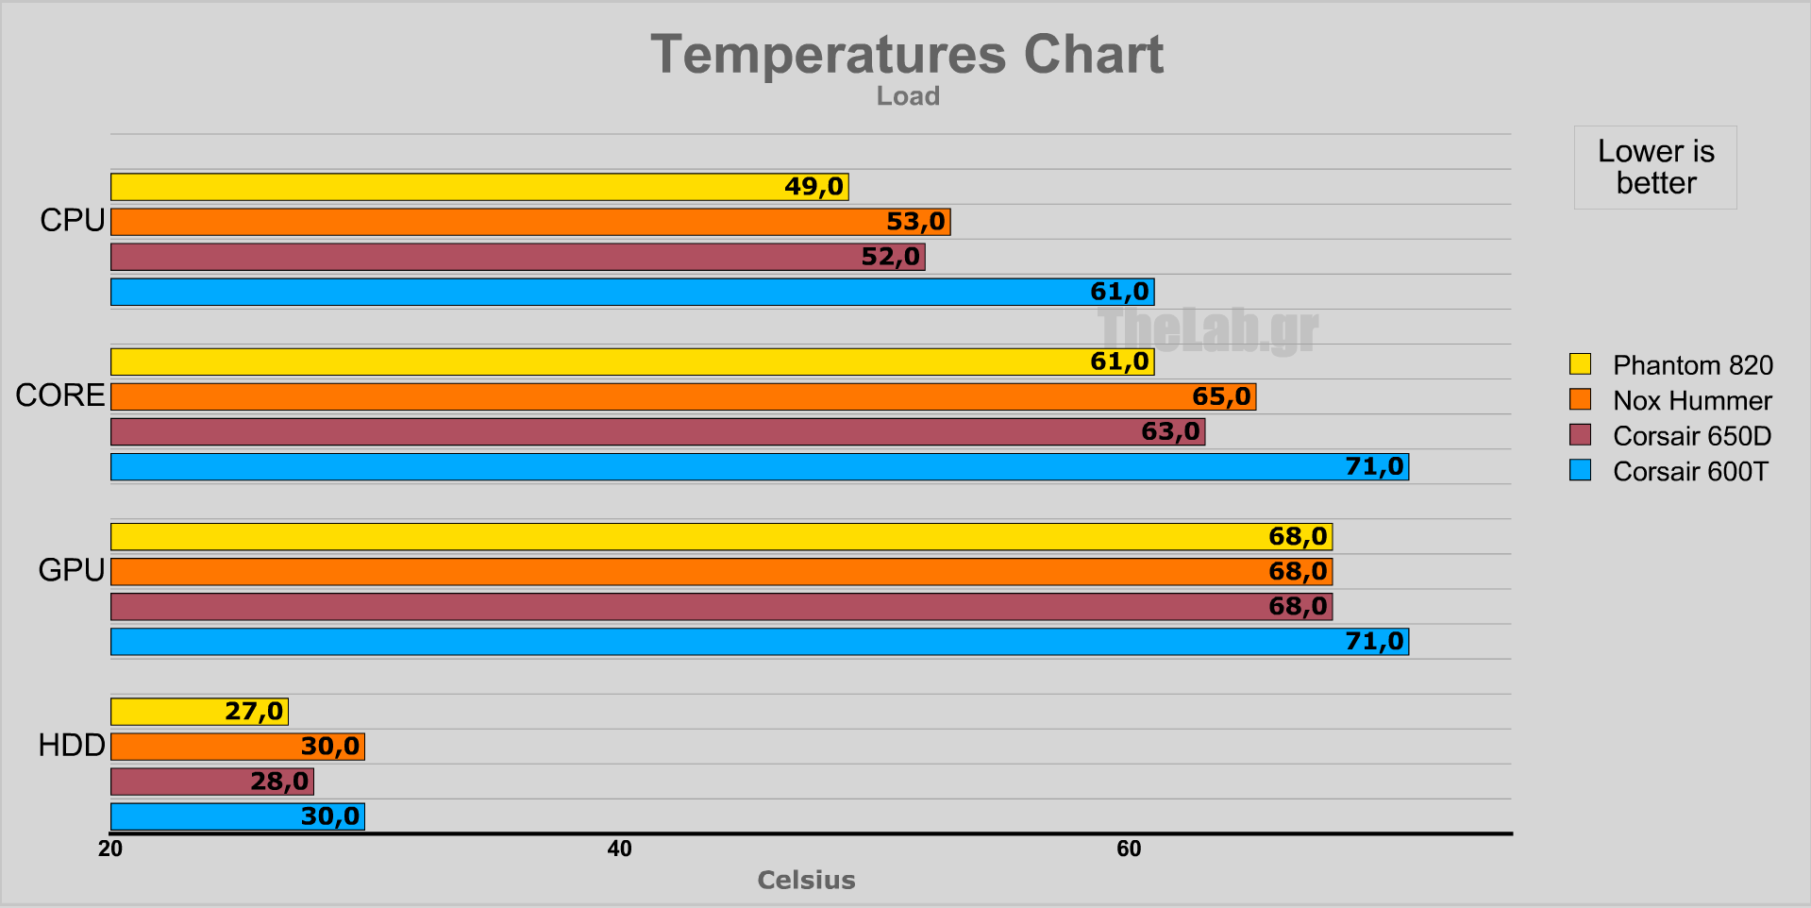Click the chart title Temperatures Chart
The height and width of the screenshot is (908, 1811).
tap(906, 55)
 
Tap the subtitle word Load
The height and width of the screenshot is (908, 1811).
tap(908, 96)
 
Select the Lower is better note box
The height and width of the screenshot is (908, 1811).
tap(1655, 167)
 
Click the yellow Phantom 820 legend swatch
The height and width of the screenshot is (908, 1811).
tap(1580, 364)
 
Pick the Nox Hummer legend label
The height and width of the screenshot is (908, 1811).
tap(1692, 400)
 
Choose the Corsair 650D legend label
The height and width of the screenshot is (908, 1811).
tap(1692, 436)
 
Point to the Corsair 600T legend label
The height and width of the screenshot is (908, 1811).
tap(1690, 471)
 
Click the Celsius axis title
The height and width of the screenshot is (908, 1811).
tap(806, 880)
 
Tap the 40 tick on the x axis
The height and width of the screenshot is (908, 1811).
tap(619, 849)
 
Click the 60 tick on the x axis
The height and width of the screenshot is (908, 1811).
tap(1129, 849)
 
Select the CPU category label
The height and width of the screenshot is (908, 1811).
tap(72, 220)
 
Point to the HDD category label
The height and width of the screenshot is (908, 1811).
tap(72, 745)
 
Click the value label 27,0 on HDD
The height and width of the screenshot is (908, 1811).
tap(253, 712)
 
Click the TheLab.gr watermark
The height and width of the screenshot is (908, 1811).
tap(1208, 330)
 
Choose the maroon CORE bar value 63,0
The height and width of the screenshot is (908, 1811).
tap(1170, 431)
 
